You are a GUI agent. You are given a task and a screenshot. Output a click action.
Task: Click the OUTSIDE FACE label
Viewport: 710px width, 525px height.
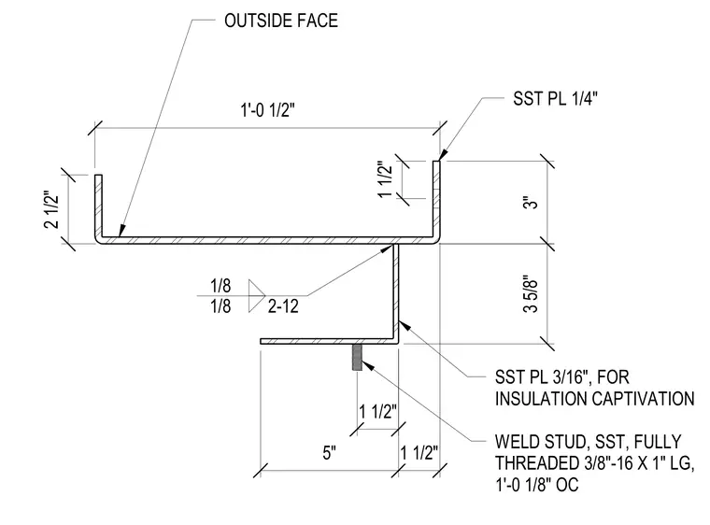click(x=281, y=21)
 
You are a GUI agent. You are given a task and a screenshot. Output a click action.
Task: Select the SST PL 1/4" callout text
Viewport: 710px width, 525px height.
click(x=555, y=98)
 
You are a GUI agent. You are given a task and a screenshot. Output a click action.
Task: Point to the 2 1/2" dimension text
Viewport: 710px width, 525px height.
click(x=52, y=210)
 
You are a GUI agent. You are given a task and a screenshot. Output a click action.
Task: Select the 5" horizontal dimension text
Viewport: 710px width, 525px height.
click(x=330, y=452)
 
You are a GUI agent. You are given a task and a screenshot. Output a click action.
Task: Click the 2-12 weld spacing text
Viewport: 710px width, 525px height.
click(x=283, y=306)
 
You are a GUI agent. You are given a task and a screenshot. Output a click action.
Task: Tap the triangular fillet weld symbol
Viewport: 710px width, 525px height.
click(x=256, y=296)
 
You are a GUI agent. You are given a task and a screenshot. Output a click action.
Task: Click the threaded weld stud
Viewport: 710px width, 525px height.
click(x=357, y=358)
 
